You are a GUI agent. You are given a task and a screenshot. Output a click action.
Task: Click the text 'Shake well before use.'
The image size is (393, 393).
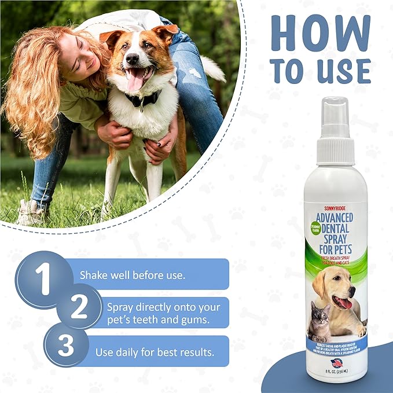[x=133, y=275]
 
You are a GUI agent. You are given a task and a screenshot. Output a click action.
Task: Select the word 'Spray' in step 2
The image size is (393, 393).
[x=120, y=306]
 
